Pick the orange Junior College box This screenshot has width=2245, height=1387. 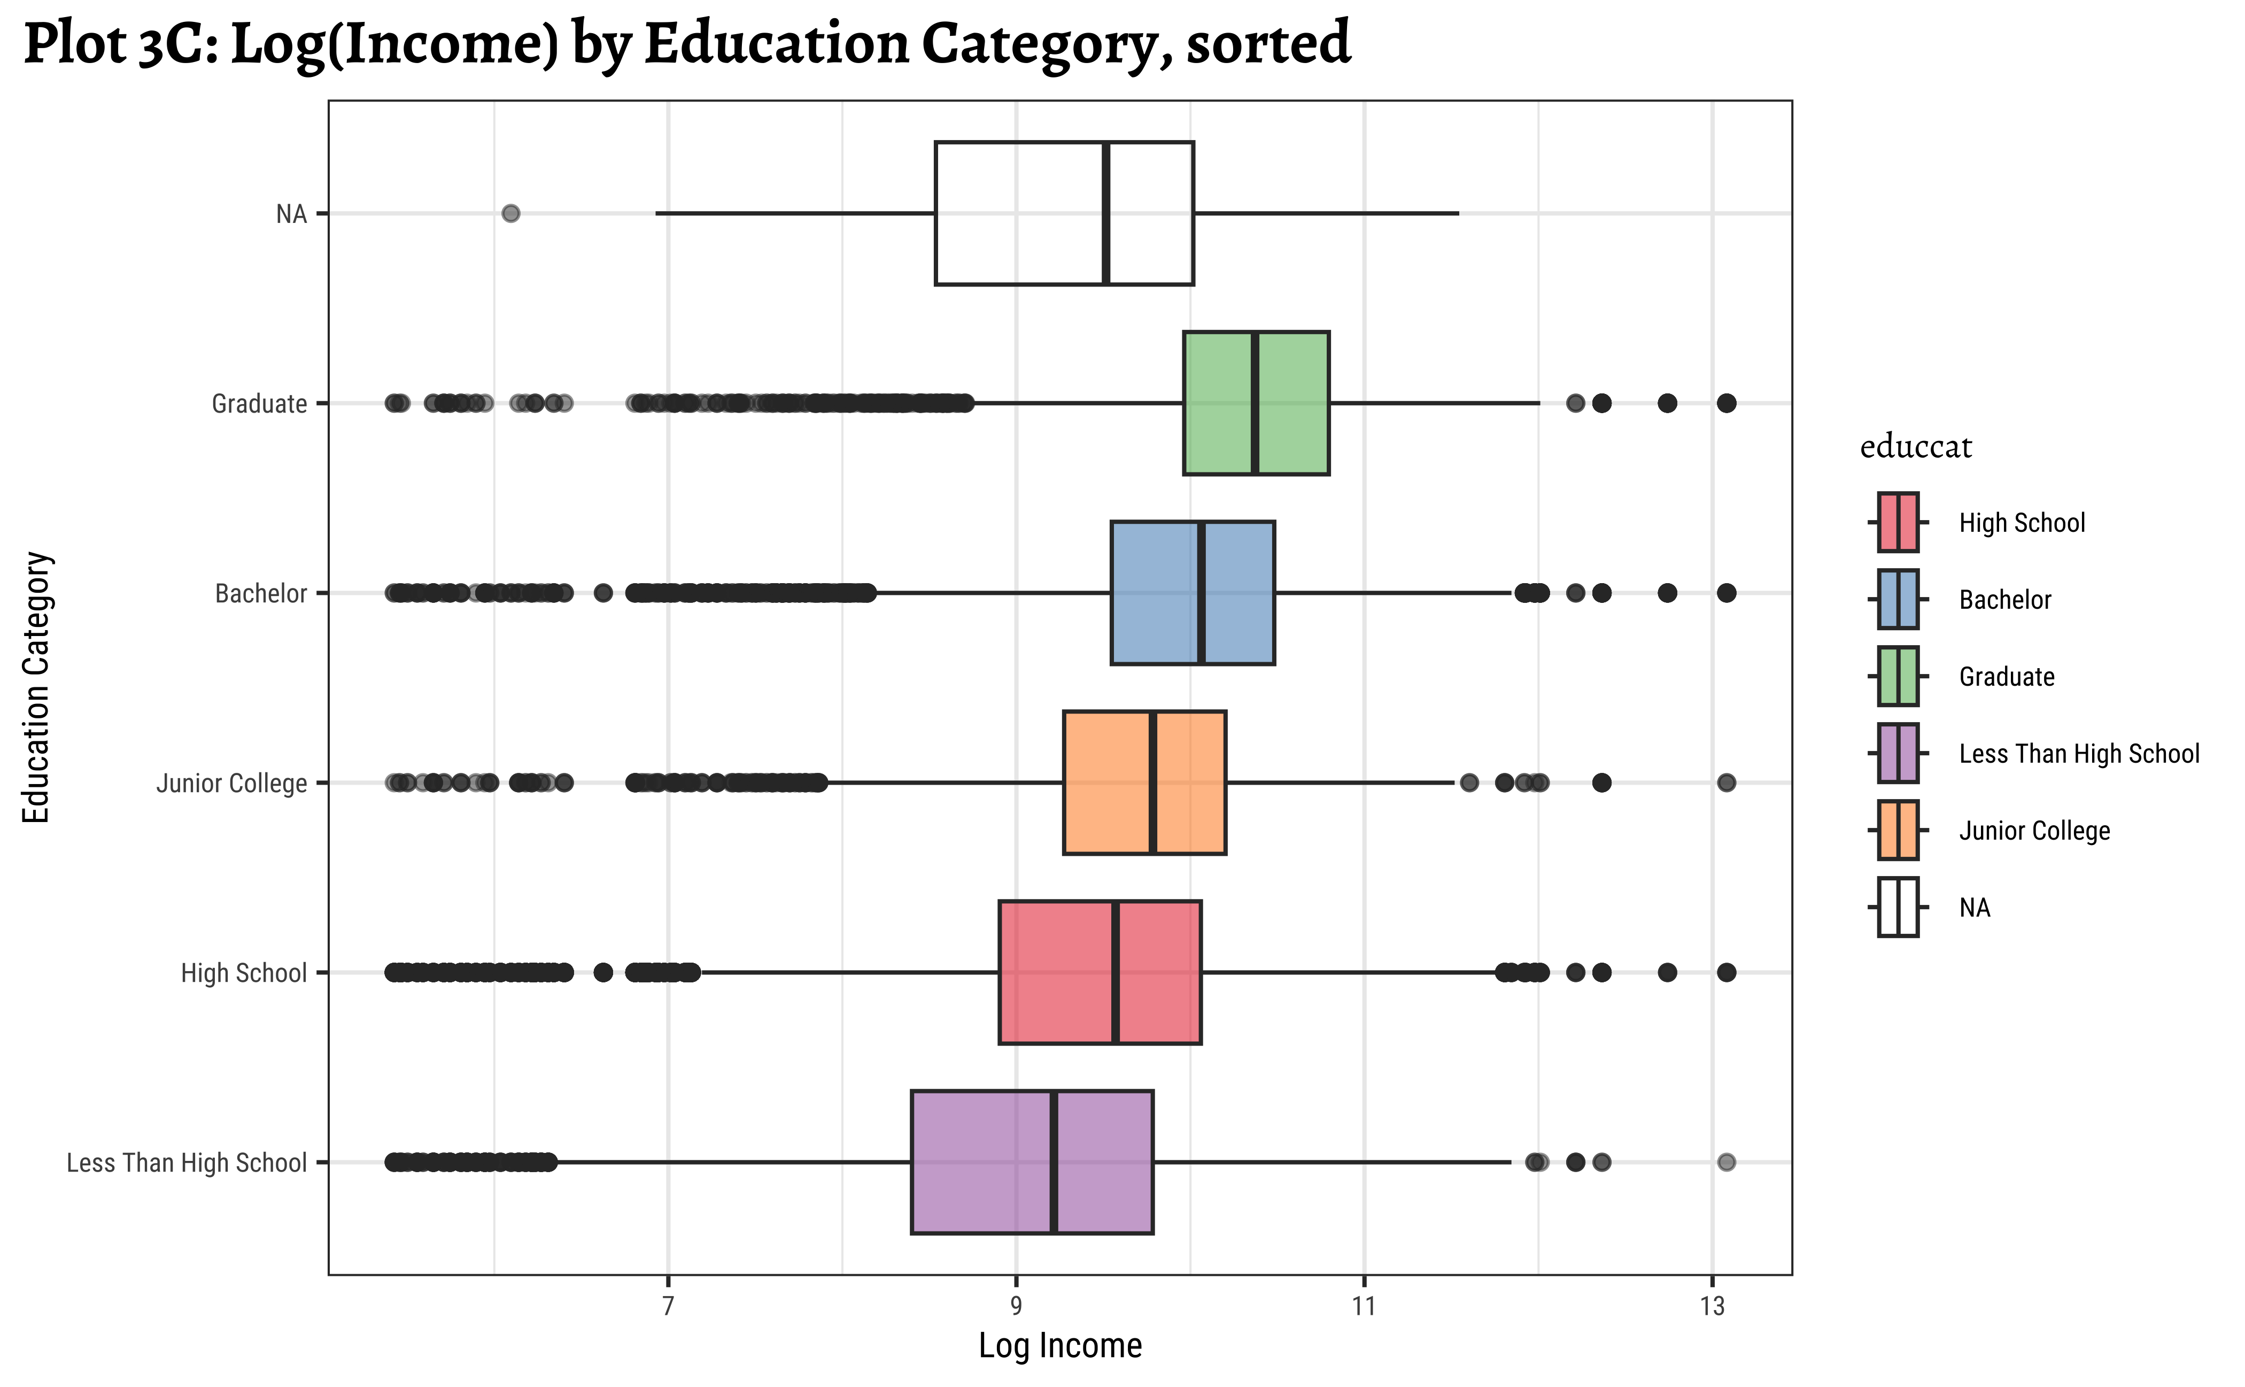(x=1105, y=782)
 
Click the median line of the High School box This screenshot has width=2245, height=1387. (x=1114, y=972)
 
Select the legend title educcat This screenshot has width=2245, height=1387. (x=1916, y=447)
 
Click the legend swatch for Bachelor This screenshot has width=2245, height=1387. (x=1897, y=599)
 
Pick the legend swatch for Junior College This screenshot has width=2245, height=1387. (x=1897, y=830)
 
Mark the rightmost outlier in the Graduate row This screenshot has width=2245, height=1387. (x=1726, y=402)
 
